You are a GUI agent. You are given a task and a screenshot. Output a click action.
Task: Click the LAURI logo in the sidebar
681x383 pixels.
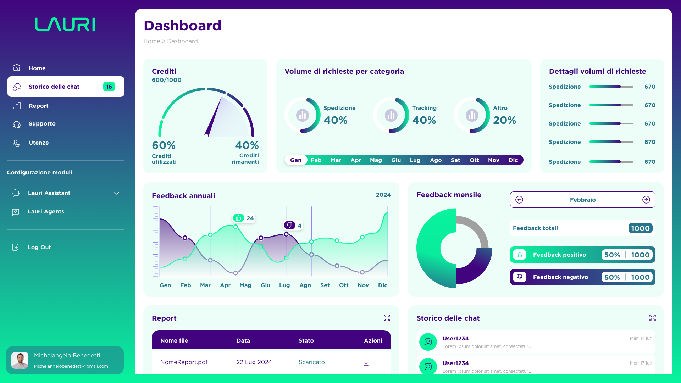65,24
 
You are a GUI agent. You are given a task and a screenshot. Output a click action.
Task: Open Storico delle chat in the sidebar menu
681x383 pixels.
54,87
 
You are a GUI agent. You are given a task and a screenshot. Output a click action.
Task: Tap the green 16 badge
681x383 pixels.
109,87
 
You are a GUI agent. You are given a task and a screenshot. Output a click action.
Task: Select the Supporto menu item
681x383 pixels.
42,124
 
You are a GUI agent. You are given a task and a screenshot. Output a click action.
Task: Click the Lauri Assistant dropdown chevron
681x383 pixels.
117,193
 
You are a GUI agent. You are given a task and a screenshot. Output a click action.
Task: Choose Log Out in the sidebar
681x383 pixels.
39,248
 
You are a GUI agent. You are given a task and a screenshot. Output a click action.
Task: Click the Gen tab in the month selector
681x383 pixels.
296,160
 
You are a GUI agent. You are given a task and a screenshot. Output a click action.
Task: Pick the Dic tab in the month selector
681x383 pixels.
513,160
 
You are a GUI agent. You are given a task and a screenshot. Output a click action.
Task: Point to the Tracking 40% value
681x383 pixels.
424,120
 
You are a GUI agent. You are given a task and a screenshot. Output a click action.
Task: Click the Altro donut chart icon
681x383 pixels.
472,115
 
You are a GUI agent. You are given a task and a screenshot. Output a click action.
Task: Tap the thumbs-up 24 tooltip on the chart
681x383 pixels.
244,218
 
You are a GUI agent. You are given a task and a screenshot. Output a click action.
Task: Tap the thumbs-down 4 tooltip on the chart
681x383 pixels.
293,226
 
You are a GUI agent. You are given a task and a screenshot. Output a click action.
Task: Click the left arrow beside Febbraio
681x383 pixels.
519,200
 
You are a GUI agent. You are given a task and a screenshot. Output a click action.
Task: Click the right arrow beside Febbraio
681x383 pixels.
646,200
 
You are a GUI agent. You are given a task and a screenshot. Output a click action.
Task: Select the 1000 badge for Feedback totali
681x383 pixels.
640,228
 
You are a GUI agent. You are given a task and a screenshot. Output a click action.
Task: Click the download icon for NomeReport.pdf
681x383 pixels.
366,362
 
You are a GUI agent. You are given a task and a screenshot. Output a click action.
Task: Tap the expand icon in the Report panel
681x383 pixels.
387,318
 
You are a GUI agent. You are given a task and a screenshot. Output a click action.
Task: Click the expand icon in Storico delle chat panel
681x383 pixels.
653,318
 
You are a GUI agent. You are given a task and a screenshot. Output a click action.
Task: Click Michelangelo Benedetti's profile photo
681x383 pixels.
20,360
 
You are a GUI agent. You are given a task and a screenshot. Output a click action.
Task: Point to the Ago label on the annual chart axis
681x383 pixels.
305,285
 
